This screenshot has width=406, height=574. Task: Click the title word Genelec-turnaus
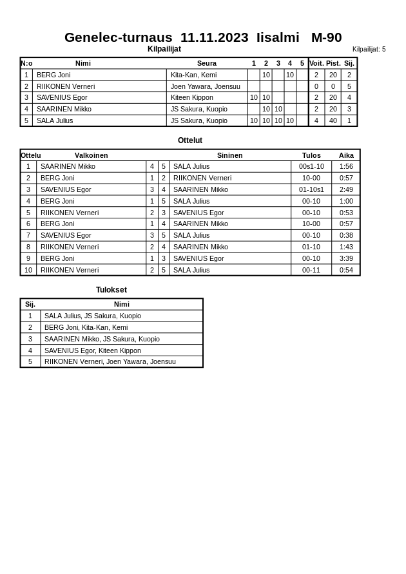(x=118, y=37)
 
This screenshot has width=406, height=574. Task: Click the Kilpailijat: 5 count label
(x=369, y=49)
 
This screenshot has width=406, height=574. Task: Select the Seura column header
(x=206, y=63)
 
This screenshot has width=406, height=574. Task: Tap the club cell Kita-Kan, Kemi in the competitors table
(x=193, y=75)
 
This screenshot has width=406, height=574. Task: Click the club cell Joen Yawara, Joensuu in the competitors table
(x=205, y=86)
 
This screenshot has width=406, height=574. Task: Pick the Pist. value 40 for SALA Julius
(x=333, y=120)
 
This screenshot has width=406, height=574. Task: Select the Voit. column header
(x=316, y=63)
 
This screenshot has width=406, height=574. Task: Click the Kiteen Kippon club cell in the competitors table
(x=191, y=97)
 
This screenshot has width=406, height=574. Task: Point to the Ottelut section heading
(x=190, y=140)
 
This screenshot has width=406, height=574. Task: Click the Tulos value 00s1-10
(x=311, y=166)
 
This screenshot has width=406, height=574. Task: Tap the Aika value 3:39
(x=346, y=258)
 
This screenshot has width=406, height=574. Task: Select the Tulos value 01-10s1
(x=311, y=189)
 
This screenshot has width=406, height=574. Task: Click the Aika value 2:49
(x=346, y=189)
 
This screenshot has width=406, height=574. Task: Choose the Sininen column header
(x=229, y=155)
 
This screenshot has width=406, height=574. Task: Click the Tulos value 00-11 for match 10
(x=311, y=270)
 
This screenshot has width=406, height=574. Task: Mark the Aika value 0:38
(x=346, y=235)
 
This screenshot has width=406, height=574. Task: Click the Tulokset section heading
(x=111, y=290)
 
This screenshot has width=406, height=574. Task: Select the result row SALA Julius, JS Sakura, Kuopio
(x=92, y=316)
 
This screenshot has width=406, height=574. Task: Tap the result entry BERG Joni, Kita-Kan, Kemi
(x=86, y=327)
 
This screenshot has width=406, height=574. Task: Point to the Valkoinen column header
(x=91, y=155)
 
